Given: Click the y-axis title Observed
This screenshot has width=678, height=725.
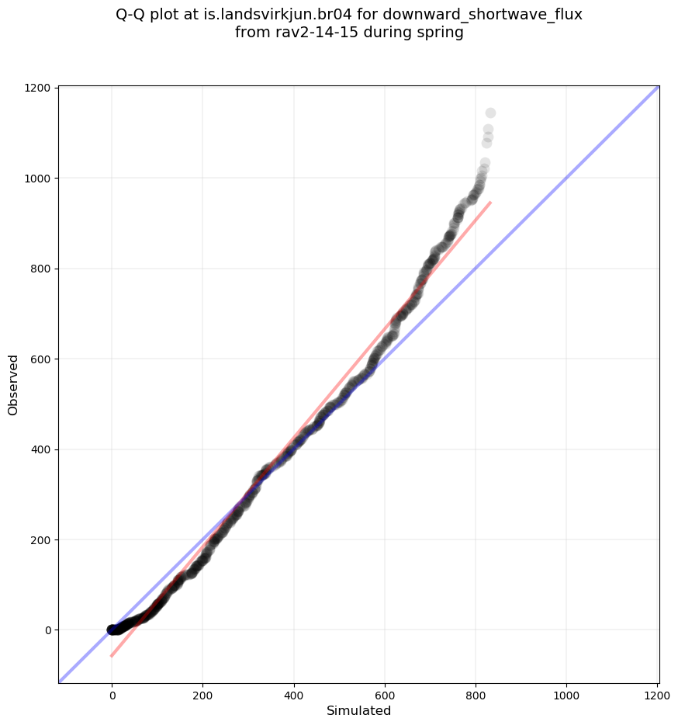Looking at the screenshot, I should [13, 384].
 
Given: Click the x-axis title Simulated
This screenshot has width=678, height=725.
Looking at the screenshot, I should [358, 711].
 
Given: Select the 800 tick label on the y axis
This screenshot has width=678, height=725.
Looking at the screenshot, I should [42, 269].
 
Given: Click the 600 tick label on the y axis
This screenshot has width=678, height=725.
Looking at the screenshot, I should [42, 359].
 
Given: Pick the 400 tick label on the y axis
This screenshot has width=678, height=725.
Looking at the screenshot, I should [42, 449].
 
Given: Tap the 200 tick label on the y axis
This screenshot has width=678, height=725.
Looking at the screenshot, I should [42, 540].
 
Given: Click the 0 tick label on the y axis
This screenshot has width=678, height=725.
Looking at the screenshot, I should [48, 630].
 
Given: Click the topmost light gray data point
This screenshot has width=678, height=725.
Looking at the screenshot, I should [490, 113].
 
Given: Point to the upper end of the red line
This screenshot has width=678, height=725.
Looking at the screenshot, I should [490, 203].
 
